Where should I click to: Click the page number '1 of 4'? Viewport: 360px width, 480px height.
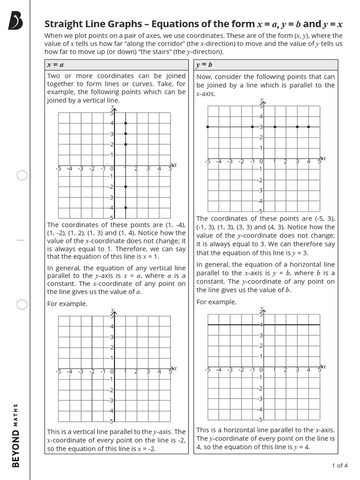[339, 465]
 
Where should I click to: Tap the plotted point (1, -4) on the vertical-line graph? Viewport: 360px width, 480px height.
[126, 208]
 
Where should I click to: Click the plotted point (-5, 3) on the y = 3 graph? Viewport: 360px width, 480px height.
[207, 127]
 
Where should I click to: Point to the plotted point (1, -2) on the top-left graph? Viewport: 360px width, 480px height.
[126, 187]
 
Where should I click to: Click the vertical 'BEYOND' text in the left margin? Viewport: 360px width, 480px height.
[16, 449]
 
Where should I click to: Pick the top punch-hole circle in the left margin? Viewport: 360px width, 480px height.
[22, 176]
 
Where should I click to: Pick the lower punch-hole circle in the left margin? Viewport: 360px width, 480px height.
[22, 305]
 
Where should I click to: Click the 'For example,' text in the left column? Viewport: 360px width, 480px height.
[67, 304]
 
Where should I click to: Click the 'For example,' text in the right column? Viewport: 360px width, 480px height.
[216, 302]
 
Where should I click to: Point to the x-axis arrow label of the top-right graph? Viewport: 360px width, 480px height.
[323, 158]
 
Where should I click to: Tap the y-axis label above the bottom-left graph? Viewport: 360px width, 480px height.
[113, 310]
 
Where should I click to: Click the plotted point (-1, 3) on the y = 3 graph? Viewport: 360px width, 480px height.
[252, 127]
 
